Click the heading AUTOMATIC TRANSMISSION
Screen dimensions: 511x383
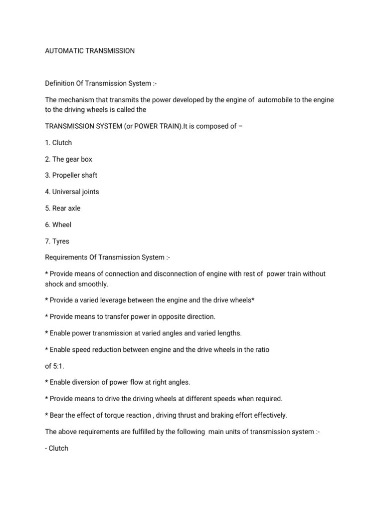click(x=90, y=51)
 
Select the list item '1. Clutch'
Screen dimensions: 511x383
click(x=58, y=143)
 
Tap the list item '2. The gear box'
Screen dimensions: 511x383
click(x=68, y=159)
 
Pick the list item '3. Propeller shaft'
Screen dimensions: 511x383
click(x=71, y=176)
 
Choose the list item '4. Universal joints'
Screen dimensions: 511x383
click(x=72, y=192)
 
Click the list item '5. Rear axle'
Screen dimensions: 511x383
click(x=62, y=209)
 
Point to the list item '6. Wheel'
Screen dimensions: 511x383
click(x=58, y=225)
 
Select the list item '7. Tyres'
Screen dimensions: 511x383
click(x=57, y=242)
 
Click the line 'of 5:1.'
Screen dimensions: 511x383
click(x=55, y=366)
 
